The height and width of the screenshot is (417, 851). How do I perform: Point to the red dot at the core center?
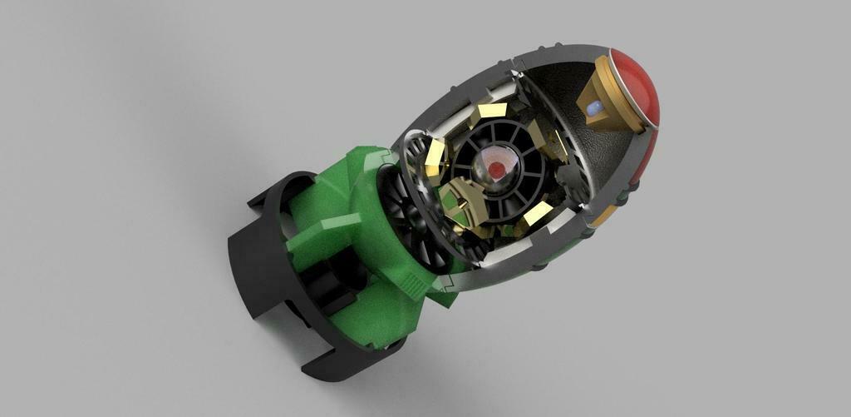click(496, 170)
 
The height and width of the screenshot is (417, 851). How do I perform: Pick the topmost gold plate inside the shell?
click(492, 110)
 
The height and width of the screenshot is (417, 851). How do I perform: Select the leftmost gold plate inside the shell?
click(435, 156)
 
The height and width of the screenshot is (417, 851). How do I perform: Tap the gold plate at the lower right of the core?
click(538, 215)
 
